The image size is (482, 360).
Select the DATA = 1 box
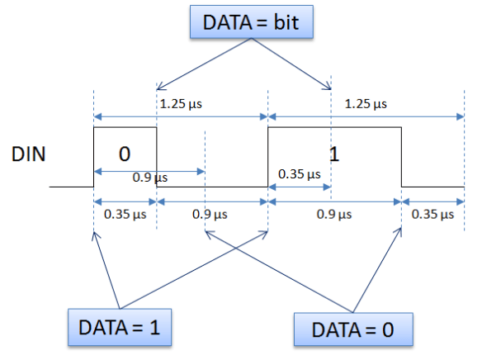118,324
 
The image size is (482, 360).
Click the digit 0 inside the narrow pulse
125,154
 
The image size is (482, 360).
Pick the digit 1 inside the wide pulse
333,154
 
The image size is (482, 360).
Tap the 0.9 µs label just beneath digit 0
149,176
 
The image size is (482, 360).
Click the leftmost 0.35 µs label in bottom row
125,215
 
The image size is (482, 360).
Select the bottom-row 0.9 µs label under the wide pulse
333,215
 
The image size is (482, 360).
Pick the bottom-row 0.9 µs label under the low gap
210,215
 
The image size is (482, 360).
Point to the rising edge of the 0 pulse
95,157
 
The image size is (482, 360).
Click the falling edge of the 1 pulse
401,157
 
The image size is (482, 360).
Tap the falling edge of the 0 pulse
156,157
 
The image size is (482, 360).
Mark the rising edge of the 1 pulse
268,157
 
